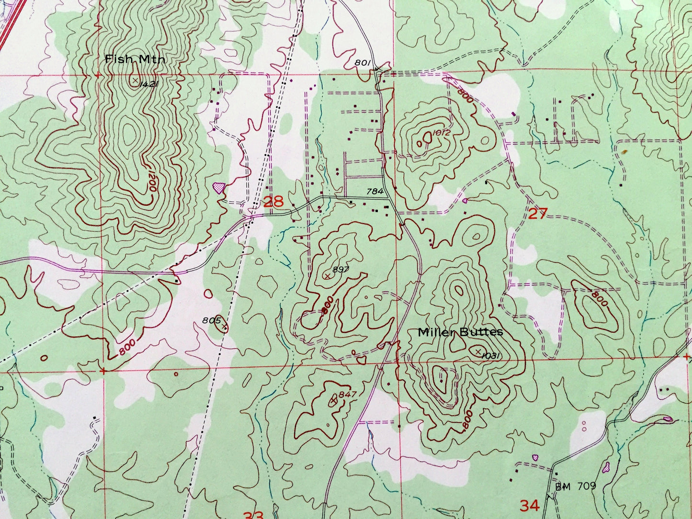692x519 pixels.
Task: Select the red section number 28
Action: [x=274, y=202]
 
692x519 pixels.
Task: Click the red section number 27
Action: [x=537, y=214]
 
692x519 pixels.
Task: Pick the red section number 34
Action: [x=530, y=505]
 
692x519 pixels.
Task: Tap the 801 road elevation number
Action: [x=363, y=62]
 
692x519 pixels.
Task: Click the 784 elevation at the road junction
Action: [x=375, y=192]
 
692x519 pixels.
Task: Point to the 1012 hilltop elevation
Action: [x=441, y=133]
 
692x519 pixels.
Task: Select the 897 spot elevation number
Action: [x=340, y=270]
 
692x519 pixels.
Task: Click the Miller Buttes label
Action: [x=460, y=332]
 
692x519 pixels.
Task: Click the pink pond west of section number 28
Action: [x=219, y=187]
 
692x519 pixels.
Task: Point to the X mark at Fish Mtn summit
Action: [x=136, y=79]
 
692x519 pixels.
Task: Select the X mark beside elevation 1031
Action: [x=478, y=351]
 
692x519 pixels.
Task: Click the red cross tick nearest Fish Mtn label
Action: [x=98, y=75]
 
